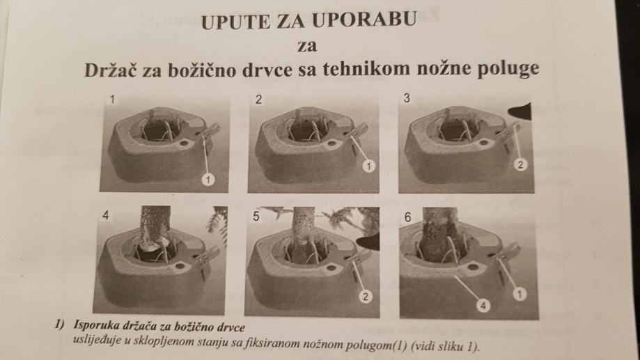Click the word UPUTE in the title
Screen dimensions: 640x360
click(x=235, y=20)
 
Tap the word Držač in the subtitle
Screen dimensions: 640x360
click(x=110, y=70)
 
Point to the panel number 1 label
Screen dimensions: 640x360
click(x=112, y=100)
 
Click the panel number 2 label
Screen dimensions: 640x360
click(x=258, y=100)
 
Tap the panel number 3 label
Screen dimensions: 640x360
click(x=407, y=98)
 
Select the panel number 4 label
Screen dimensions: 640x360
click(x=106, y=215)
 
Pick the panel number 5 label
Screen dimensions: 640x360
click(x=256, y=216)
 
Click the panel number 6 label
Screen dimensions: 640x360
click(x=407, y=217)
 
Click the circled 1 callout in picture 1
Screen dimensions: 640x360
click(x=208, y=179)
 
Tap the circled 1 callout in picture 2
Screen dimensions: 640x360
click(x=369, y=166)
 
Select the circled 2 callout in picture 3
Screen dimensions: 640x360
click(x=520, y=165)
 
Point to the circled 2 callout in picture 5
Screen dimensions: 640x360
click(x=366, y=297)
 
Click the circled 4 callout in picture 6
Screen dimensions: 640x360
click(x=483, y=305)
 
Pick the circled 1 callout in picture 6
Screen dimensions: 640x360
click(x=520, y=293)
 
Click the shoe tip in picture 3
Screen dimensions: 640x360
click(x=510, y=111)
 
